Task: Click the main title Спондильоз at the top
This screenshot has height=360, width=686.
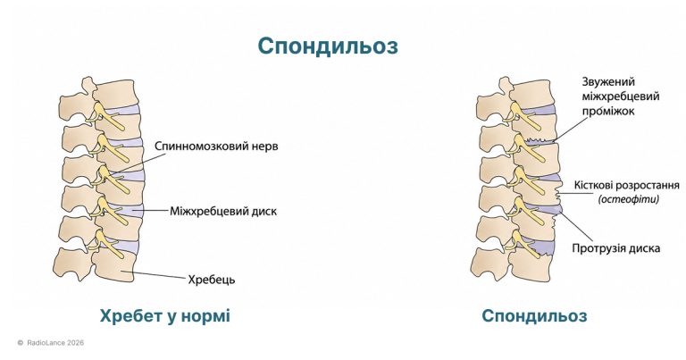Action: [328, 46]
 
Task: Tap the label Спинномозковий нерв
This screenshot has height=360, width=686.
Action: [216, 147]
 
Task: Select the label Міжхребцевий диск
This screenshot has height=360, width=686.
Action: [223, 212]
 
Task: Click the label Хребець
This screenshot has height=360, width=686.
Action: [212, 279]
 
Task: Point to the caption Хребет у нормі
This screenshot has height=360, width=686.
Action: [165, 315]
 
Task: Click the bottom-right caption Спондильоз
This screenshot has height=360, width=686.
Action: [534, 315]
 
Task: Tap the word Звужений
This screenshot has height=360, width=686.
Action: [602, 82]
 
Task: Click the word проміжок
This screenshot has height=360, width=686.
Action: [608, 111]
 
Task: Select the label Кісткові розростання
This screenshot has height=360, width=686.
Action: [626, 186]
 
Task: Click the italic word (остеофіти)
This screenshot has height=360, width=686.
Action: [628, 199]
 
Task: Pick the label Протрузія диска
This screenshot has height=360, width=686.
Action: [616, 248]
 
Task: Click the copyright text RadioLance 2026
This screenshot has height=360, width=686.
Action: [55, 343]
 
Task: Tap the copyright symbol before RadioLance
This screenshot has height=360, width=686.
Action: [21, 343]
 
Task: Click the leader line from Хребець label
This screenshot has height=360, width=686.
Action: [159, 275]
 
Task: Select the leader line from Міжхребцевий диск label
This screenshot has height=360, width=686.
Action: [151, 211]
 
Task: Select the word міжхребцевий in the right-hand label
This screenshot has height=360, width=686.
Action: [621, 96]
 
